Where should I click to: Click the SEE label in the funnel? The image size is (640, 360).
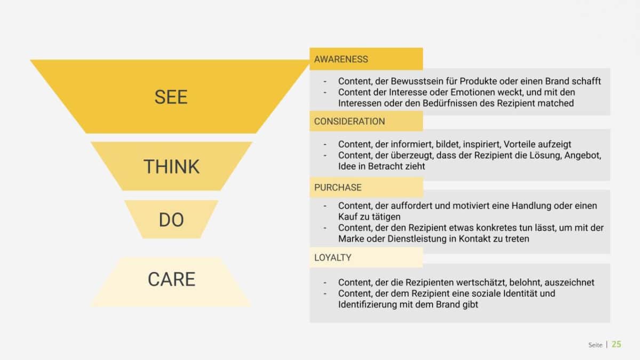[x=171, y=97]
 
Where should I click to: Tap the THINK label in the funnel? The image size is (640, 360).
[x=171, y=167]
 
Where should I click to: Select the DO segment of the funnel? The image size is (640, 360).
[x=171, y=220]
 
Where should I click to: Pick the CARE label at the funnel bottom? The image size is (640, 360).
[x=171, y=279]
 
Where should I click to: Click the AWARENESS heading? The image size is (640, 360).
[x=341, y=59]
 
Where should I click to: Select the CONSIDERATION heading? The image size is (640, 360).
[x=349, y=122]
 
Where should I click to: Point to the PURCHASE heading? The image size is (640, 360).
[x=338, y=188]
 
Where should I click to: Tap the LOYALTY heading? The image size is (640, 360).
[x=333, y=258]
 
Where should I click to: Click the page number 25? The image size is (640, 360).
[x=616, y=345]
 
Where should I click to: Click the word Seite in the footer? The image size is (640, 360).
[x=595, y=345]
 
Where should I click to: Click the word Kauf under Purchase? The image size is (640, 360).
[x=348, y=217]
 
